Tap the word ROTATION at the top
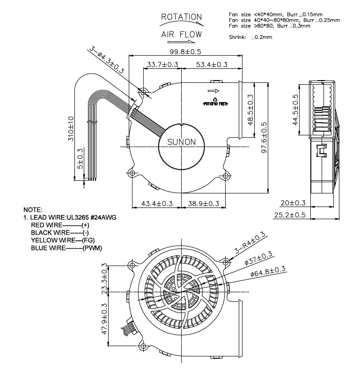pos(181,17)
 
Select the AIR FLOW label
pos(182,34)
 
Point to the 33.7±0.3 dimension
pos(162,64)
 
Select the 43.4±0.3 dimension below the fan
pos(157,203)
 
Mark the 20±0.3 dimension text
pos(293,203)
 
